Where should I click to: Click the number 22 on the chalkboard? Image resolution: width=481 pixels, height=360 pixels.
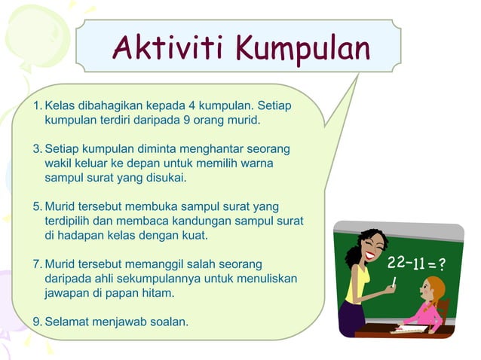[397, 263]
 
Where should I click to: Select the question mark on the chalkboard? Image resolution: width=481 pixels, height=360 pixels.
[441, 264]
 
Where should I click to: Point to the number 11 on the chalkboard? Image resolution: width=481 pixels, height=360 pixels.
[418, 264]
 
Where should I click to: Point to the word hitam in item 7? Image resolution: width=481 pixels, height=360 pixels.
[158, 293]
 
